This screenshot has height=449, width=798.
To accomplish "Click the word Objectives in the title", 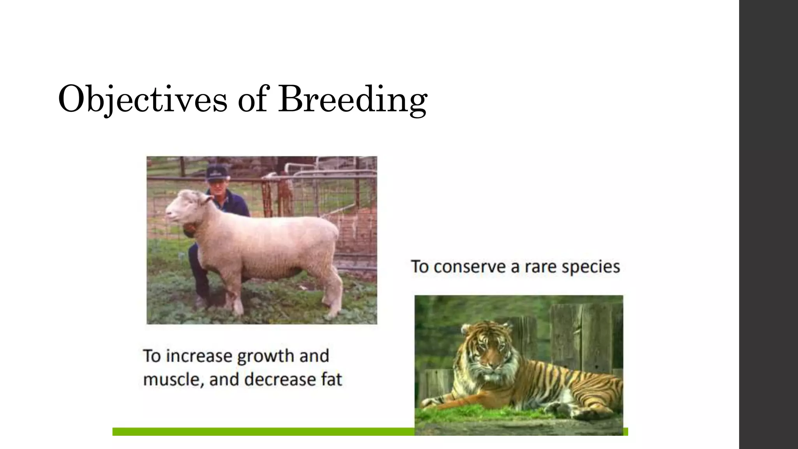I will coord(142,99).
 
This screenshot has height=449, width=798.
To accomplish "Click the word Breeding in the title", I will coord(353,99).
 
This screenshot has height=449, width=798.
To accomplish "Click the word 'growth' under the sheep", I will coord(265,356).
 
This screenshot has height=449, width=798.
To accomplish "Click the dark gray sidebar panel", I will coord(768,224).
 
